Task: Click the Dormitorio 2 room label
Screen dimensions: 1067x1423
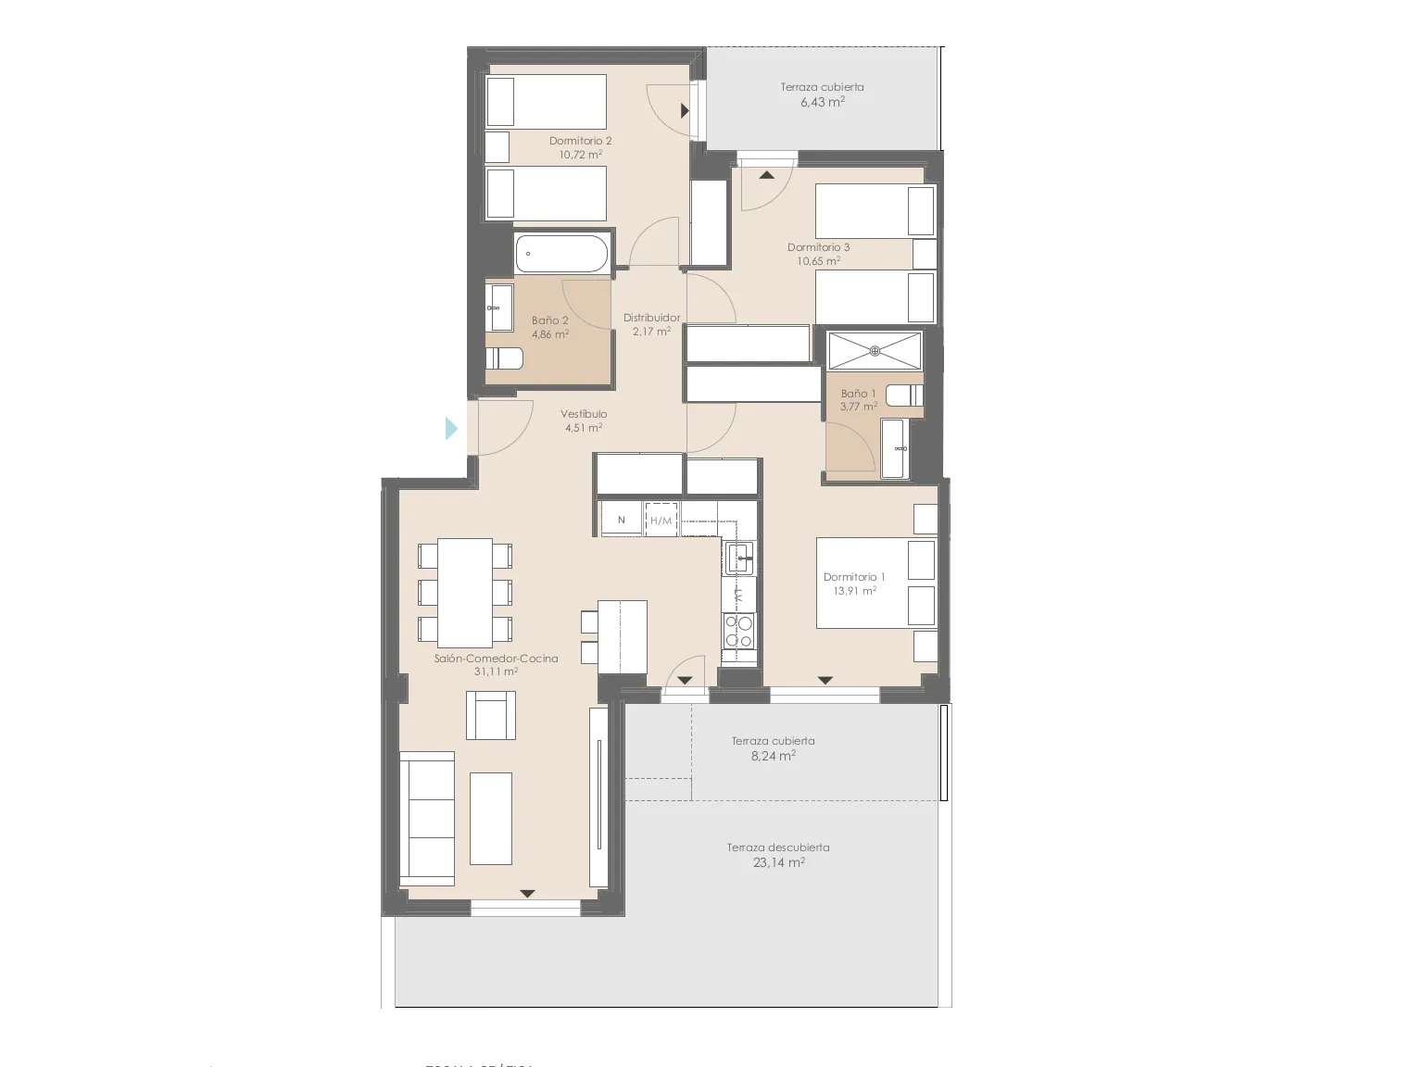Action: pyautogui.click(x=580, y=141)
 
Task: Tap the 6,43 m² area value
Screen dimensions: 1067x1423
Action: pyautogui.click(x=822, y=102)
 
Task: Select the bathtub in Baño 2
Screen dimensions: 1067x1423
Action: pyautogui.click(x=561, y=252)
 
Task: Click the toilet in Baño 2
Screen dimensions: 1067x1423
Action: pyautogui.click(x=504, y=358)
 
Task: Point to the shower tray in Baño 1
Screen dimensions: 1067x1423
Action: pyautogui.click(x=875, y=351)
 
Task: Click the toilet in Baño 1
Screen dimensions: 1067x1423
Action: pyautogui.click(x=904, y=395)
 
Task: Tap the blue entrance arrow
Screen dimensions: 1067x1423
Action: pyautogui.click(x=452, y=428)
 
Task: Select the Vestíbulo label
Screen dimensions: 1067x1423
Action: pyautogui.click(x=584, y=414)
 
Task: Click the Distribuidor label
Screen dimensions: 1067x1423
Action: pyautogui.click(x=651, y=318)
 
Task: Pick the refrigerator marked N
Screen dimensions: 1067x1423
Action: pyautogui.click(x=622, y=520)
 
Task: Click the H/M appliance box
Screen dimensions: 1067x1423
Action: pyautogui.click(x=661, y=521)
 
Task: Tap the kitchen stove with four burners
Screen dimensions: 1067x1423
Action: pyautogui.click(x=739, y=631)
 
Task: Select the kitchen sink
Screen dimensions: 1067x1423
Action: pyautogui.click(x=739, y=558)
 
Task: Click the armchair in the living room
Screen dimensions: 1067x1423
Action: pyautogui.click(x=491, y=714)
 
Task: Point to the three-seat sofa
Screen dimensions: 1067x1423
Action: pyautogui.click(x=427, y=819)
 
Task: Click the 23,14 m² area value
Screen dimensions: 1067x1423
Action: pyautogui.click(x=778, y=862)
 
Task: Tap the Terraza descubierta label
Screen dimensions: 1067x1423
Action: pyautogui.click(x=778, y=847)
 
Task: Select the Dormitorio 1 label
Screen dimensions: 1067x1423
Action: pyautogui.click(x=854, y=577)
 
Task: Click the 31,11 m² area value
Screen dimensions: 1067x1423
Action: pyautogui.click(x=495, y=672)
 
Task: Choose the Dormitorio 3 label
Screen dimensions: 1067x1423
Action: pyautogui.click(x=818, y=247)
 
